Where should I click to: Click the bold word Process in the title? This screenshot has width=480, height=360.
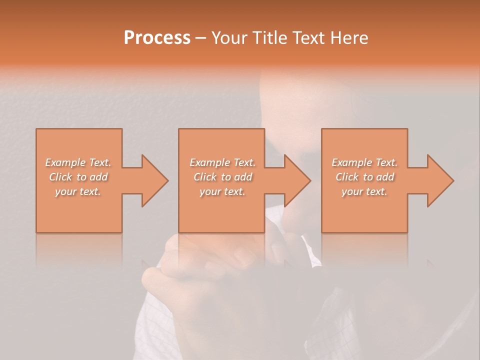tap(157, 38)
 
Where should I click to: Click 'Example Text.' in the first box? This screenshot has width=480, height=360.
tap(78, 162)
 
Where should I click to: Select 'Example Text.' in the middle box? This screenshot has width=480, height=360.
tap(222, 162)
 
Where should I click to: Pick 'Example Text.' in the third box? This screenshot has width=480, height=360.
tap(364, 162)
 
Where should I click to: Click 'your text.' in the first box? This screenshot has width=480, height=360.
tap(78, 191)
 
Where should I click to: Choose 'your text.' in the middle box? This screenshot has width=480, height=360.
tap(222, 191)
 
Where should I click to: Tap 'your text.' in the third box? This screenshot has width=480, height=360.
tap(364, 191)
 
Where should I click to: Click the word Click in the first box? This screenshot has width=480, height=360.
tap(60, 177)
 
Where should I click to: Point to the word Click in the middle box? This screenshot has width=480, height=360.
tap(205, 177)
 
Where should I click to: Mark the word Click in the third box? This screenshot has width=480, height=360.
tap(347, 177)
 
